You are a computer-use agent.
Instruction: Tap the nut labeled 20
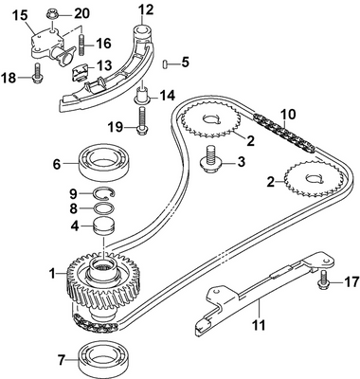tap(55, 13)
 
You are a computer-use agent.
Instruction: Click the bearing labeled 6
tap(106, 158)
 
